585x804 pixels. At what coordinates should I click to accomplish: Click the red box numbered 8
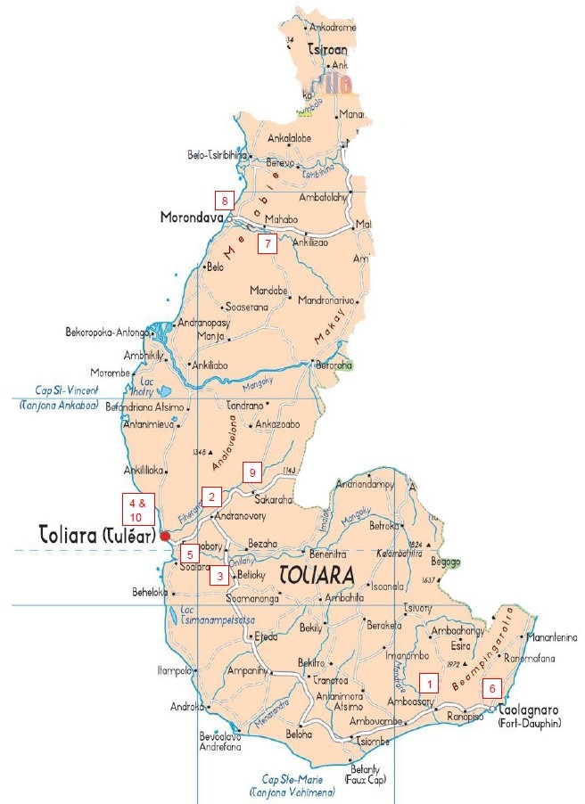(x=226, y=200)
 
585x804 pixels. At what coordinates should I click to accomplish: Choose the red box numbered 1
(x=430, y=684)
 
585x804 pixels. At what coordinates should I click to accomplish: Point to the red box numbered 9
(x=252, y=472)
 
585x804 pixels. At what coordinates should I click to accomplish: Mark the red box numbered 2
(x=211, y=496)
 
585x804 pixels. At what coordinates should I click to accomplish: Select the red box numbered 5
(x=190, y=551)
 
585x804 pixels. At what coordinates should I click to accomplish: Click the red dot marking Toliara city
(x=165, y=536)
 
